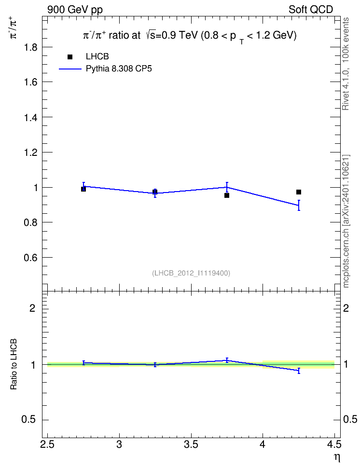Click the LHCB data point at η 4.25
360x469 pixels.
click(299, 192)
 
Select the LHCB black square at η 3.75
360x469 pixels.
click(227, 195)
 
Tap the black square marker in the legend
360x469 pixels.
click(70, 57)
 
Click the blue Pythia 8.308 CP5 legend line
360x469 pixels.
click(70, 69)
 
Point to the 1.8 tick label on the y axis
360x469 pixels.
click(30, 47)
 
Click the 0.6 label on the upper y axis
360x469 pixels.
click(30, 258)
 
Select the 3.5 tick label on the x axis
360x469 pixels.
click(191, 444)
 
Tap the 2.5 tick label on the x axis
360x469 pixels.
click(47, 444)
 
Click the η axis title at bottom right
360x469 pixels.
click(337, 457)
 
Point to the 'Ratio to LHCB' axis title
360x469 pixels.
click(14, 364)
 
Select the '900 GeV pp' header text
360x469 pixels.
click(75, 10)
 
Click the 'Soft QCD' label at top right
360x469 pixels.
click(311, 10)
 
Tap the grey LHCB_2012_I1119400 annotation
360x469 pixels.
click(191, 273)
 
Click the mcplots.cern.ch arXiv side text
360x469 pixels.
click(346, 221)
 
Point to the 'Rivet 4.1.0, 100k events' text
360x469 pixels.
click(346, 64)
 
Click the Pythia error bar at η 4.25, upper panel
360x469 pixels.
click(299, 205)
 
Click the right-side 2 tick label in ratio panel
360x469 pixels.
click(346, 308)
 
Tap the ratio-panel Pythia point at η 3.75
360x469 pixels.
click(227, 360)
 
